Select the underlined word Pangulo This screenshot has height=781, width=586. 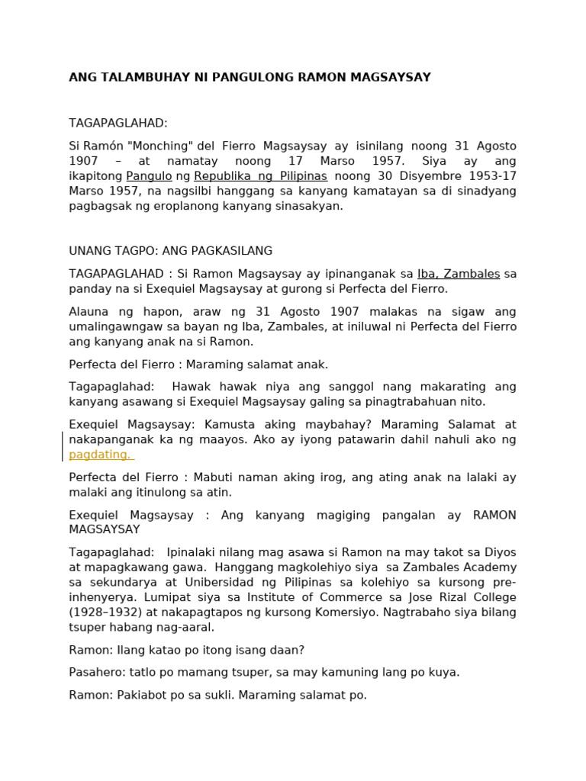point(149,176)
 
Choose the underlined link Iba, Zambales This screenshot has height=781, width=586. point(458,274)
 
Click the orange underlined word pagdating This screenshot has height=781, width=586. point(99,455)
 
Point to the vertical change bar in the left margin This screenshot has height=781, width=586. point(63,447)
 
